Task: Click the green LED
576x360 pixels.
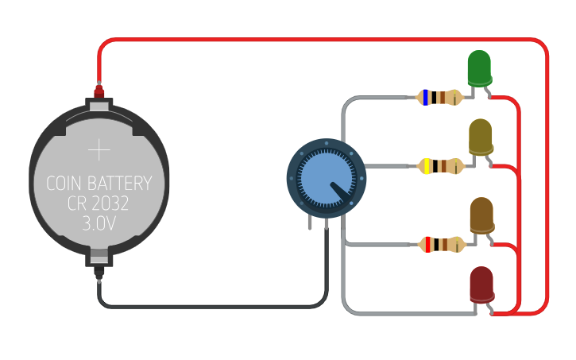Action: pyautogui.click(x=479, y=68)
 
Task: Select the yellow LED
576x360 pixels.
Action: pyautogui.click(x=480, y=137)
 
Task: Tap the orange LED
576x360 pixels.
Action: pyautogui.click(x=481, y=215)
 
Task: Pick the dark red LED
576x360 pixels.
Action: pyautogui.click(x=481, y=285)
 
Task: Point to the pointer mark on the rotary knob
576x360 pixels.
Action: pyautogui.click(x=341, y=191)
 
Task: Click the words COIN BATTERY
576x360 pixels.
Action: pyautogui.click(x=99, y=184)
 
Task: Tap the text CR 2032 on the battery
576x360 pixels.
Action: pyautogui.click(x=99, y=204)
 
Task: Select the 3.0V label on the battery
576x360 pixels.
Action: pyautogui.click(x=99, y=224)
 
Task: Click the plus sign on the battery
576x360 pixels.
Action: pyautogui.click(x=99, y=149)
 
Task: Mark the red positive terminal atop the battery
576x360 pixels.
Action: pyautogui.click(x=99, y=93)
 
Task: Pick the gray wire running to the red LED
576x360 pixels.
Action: pyautogui.click(x=397, y=312)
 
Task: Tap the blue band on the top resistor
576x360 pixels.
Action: pyautogui.click(x=427, y=98)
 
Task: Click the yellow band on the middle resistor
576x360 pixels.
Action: pyautogui.click(x=427, y=166)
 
